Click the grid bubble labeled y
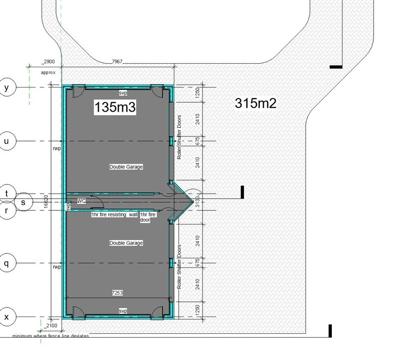7,87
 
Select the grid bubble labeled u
7,141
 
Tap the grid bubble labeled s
23,202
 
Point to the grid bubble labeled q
7,263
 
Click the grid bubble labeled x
7,317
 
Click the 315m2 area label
256,103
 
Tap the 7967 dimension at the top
117,62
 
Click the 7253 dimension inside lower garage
117,293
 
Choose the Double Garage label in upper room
126,166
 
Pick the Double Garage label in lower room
126,243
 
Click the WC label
81,201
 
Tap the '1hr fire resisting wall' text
114,215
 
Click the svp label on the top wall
123,94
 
